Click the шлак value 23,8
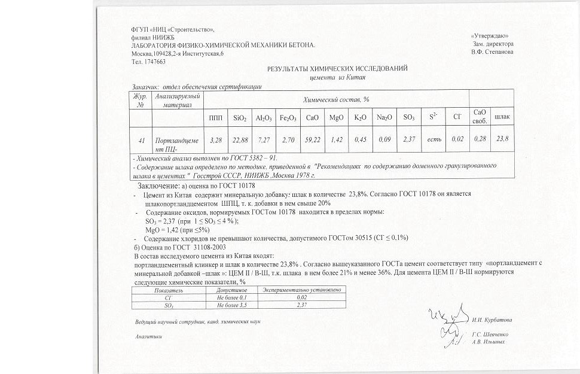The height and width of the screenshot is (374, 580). tap(502, 139)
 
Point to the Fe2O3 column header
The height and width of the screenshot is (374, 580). tap(288, 117)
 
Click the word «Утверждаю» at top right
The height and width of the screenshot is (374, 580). tap(490, 37)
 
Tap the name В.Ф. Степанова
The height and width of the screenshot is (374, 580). tap(492, 51)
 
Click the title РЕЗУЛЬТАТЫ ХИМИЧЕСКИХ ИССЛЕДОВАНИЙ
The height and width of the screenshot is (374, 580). tap(337, 69)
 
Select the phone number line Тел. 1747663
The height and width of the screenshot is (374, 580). tap(148, 61)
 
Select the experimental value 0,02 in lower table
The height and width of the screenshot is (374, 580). tap(301, 297)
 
